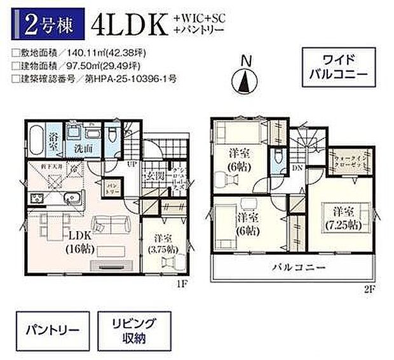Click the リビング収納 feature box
tap(132, 331)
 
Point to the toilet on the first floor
tap(112, 135)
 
